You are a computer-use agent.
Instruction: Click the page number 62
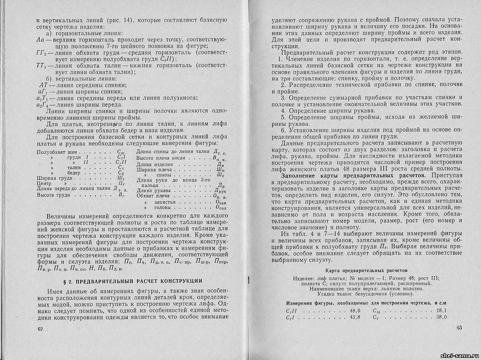(41, 328)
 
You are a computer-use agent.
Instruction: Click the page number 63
(459, 328)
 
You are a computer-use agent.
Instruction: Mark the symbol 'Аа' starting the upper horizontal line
(41, 40)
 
